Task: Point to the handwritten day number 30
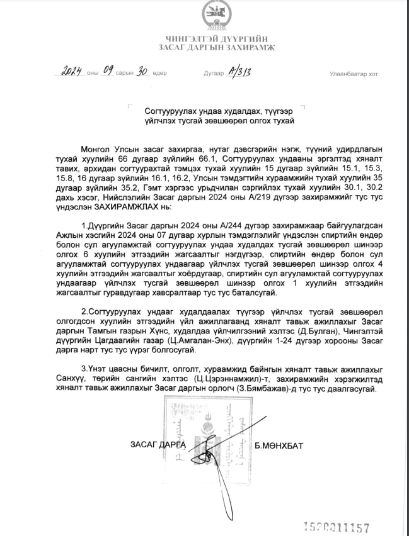point(142,71)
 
